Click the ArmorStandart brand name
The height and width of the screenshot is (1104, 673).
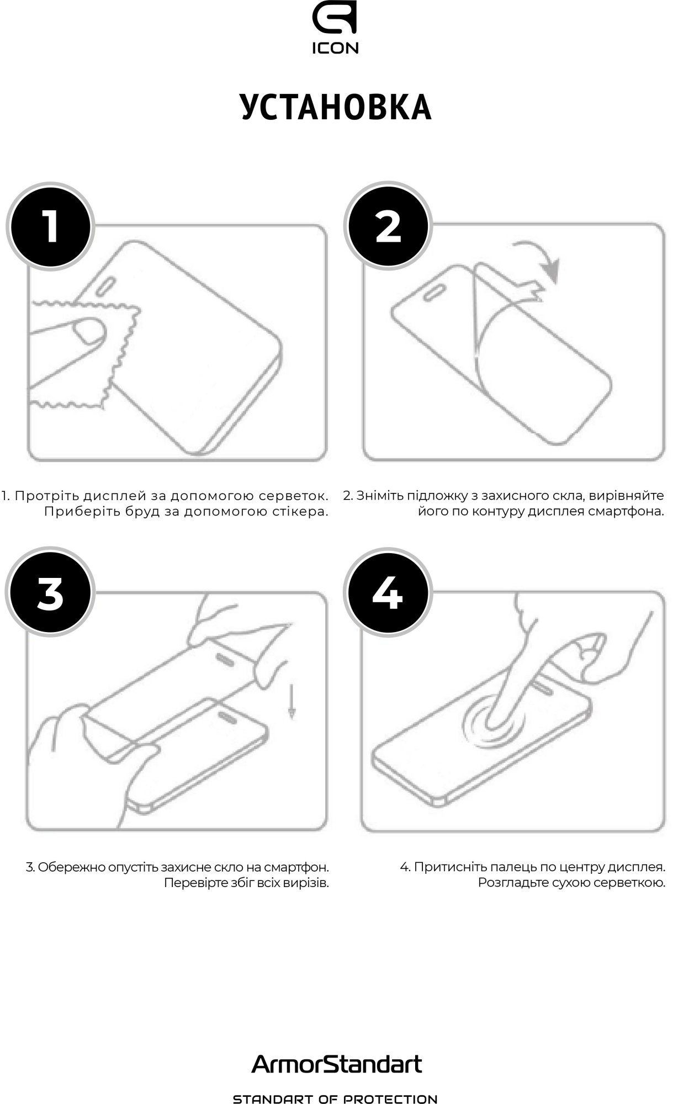pos(336,1063)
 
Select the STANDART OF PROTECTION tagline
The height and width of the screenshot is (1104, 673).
pos(336,1099)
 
